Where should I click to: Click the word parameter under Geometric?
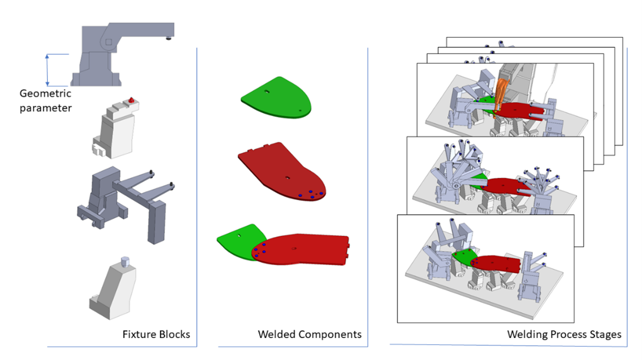click(x=45, y=107)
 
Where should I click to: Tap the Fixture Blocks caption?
click(x=156, y=334)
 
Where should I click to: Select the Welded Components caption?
click(x=309, y=334)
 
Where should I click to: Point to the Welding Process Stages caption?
click(x=564, y=334)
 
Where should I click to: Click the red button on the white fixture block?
click(x=132, y=100)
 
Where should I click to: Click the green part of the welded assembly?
click(x=237, y=242)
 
